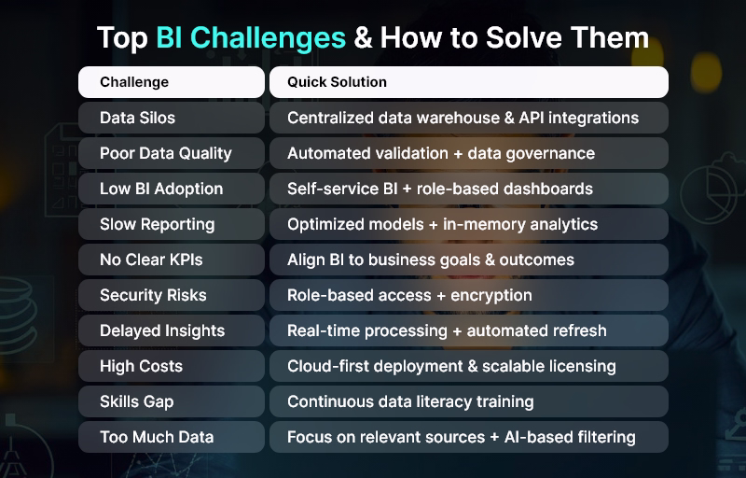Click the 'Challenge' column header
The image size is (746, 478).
coord(134,82)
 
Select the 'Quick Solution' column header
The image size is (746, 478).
coord(337,82)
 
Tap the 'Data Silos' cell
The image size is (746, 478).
coord(137,118)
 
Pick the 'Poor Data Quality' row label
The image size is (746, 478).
coord(165,153)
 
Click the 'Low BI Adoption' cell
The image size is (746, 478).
coord(161,189)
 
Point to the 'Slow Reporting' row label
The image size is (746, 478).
coord(157,224)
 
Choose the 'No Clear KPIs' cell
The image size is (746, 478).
coord(151,260)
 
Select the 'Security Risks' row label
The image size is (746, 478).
coord(153,295)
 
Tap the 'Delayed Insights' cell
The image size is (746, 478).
coord(161,330)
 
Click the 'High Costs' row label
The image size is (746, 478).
coord(141,366)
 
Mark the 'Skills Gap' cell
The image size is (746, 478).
coord(136,401)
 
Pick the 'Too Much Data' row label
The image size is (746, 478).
coord(156,437)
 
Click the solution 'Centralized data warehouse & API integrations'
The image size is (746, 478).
coord(463,118)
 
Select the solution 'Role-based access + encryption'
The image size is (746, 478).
coord(409,295)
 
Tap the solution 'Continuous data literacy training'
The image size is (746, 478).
coord(410,401)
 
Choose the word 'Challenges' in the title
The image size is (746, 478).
coord(251,38)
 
